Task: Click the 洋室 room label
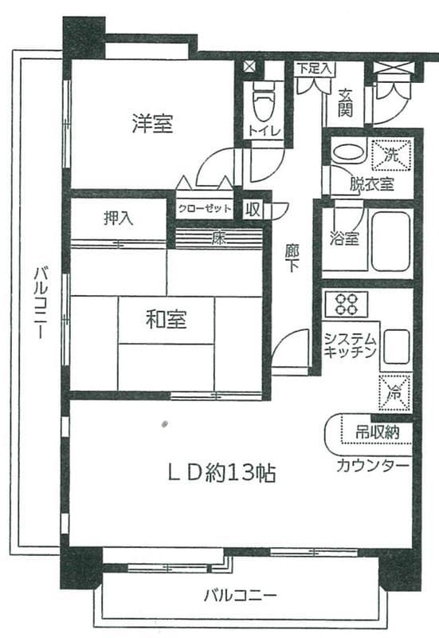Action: click(x=153, y=124)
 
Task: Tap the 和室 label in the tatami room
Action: click(x=167, y=319)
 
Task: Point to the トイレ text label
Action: click(x=265, y=131)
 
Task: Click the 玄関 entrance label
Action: click(x=345, y=104)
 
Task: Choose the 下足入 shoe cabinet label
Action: click(x=314, y=69)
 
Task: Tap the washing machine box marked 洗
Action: click(x=391, y=155)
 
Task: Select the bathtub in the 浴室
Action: click(x=390, y=241)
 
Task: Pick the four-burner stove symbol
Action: click(x=347, y=305)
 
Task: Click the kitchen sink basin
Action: click(x=397, y=346)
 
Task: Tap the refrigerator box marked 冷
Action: click(x=394, y=392)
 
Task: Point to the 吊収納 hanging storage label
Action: click(x=377, y=431)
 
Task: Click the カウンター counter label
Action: click(x=372, y=465)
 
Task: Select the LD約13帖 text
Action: click(x=222, y=473)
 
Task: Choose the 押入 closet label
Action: click(x=118, y=219)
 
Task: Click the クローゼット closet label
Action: click(x=205, y=209)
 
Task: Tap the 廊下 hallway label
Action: click(x=292, y=258)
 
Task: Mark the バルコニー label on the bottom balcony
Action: click(x=241, y=596)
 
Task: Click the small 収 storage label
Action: click(x=253, y=209)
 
